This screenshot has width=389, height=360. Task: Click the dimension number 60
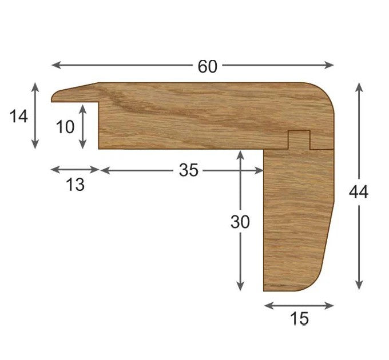coord(208,67)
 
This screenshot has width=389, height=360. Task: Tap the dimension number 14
coord(18,117)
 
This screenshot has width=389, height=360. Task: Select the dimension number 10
coord(65,127)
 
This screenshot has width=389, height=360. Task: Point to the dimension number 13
coord(75,185)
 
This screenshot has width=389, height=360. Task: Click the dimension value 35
coord(188,170)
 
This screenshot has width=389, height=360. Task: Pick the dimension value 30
coord(240,222)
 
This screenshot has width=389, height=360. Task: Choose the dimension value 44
coord(359,193)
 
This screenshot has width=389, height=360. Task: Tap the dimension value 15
coord(299,319)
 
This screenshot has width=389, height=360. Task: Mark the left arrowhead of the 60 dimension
coord(55,66)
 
